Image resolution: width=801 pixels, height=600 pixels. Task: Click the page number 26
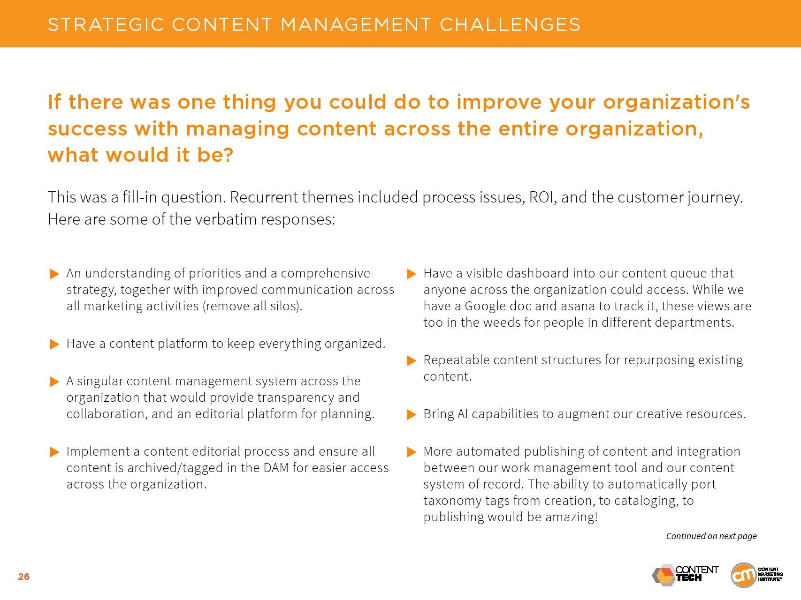coord(24,577)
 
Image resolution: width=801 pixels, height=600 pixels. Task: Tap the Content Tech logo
coord(685,575)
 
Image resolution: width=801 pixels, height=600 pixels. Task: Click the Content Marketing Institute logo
coord(757,575)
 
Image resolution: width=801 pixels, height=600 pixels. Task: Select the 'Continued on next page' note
coord(711,536)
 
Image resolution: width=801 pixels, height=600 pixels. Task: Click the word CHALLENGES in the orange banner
coord(510,24)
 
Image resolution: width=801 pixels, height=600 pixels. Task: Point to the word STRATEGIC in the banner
coord(106,24)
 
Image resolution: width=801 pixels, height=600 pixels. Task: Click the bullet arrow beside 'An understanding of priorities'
coord(54,274)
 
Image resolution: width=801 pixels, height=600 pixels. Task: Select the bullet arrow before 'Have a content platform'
coord(54,344)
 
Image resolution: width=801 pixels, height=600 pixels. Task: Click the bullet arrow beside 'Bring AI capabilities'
coord(412,414)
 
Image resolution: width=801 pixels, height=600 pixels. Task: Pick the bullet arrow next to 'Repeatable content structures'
coord(412,360)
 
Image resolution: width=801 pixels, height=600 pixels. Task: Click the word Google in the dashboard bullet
coord(485,307)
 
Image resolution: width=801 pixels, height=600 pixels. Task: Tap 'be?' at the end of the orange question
coord(215,155)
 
